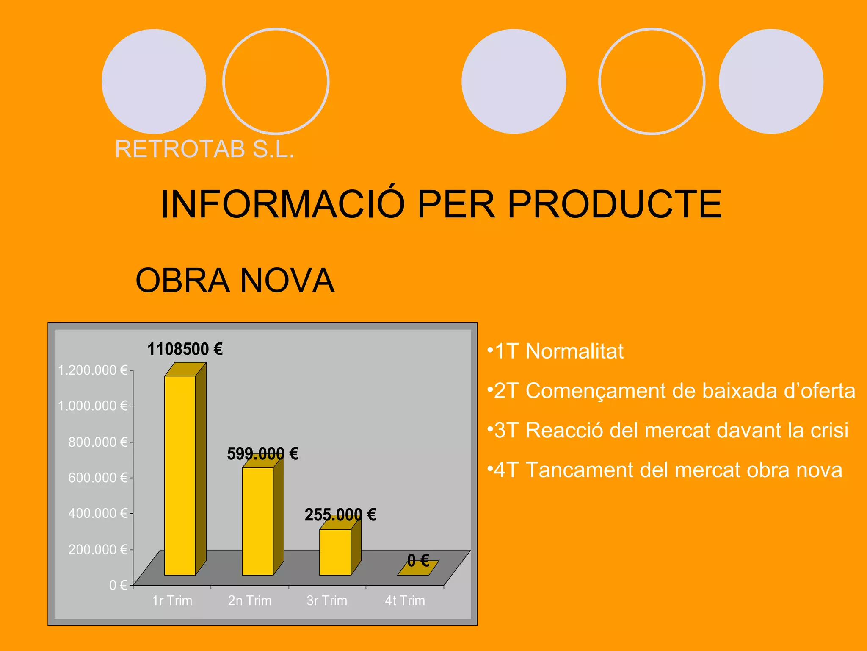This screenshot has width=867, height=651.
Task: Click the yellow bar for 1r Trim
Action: coord(180,475)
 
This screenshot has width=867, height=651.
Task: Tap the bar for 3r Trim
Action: coord(335,552)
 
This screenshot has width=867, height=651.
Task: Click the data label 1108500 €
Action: coord(185,349)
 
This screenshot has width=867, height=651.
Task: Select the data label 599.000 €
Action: coord(262,454)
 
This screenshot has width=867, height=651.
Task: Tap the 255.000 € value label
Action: coord(340,515)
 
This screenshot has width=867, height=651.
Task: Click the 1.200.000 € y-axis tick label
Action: coord(93,370)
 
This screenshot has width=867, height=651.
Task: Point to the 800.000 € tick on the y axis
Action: coord(98,442)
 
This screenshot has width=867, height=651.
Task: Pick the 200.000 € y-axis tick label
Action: coord(98,549)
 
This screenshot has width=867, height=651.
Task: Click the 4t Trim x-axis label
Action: coord(405,601)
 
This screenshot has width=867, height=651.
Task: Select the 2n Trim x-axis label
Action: coord(250,601)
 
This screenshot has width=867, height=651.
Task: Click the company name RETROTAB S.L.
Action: coord(204,149)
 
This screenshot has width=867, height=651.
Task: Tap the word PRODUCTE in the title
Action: coord(614,204)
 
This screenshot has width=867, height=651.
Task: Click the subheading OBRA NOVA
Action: coord(235,281)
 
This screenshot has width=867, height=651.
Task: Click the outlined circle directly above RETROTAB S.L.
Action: coord(276,81)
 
